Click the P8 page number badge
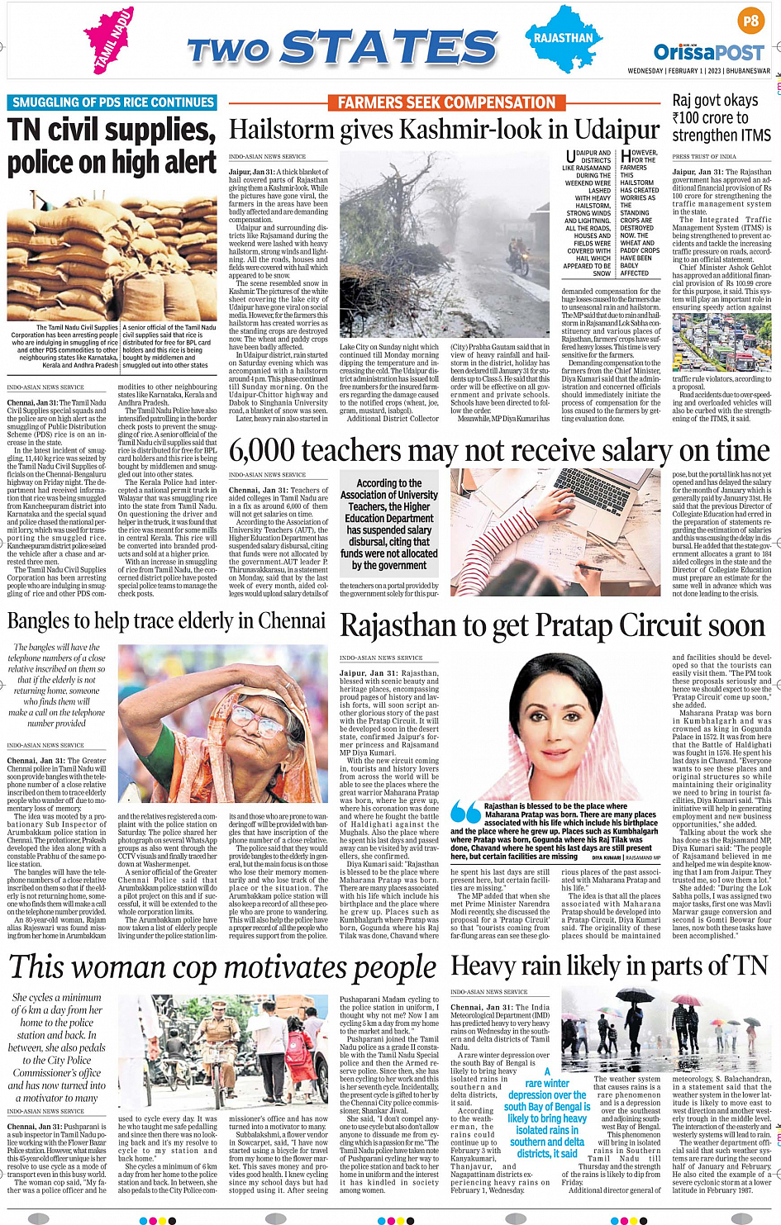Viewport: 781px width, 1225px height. pos(750,21)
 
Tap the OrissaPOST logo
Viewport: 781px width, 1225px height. pos(708,52)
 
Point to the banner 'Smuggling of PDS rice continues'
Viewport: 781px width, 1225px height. pos(112,102)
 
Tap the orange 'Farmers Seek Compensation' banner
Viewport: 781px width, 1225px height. pos(446,102)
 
